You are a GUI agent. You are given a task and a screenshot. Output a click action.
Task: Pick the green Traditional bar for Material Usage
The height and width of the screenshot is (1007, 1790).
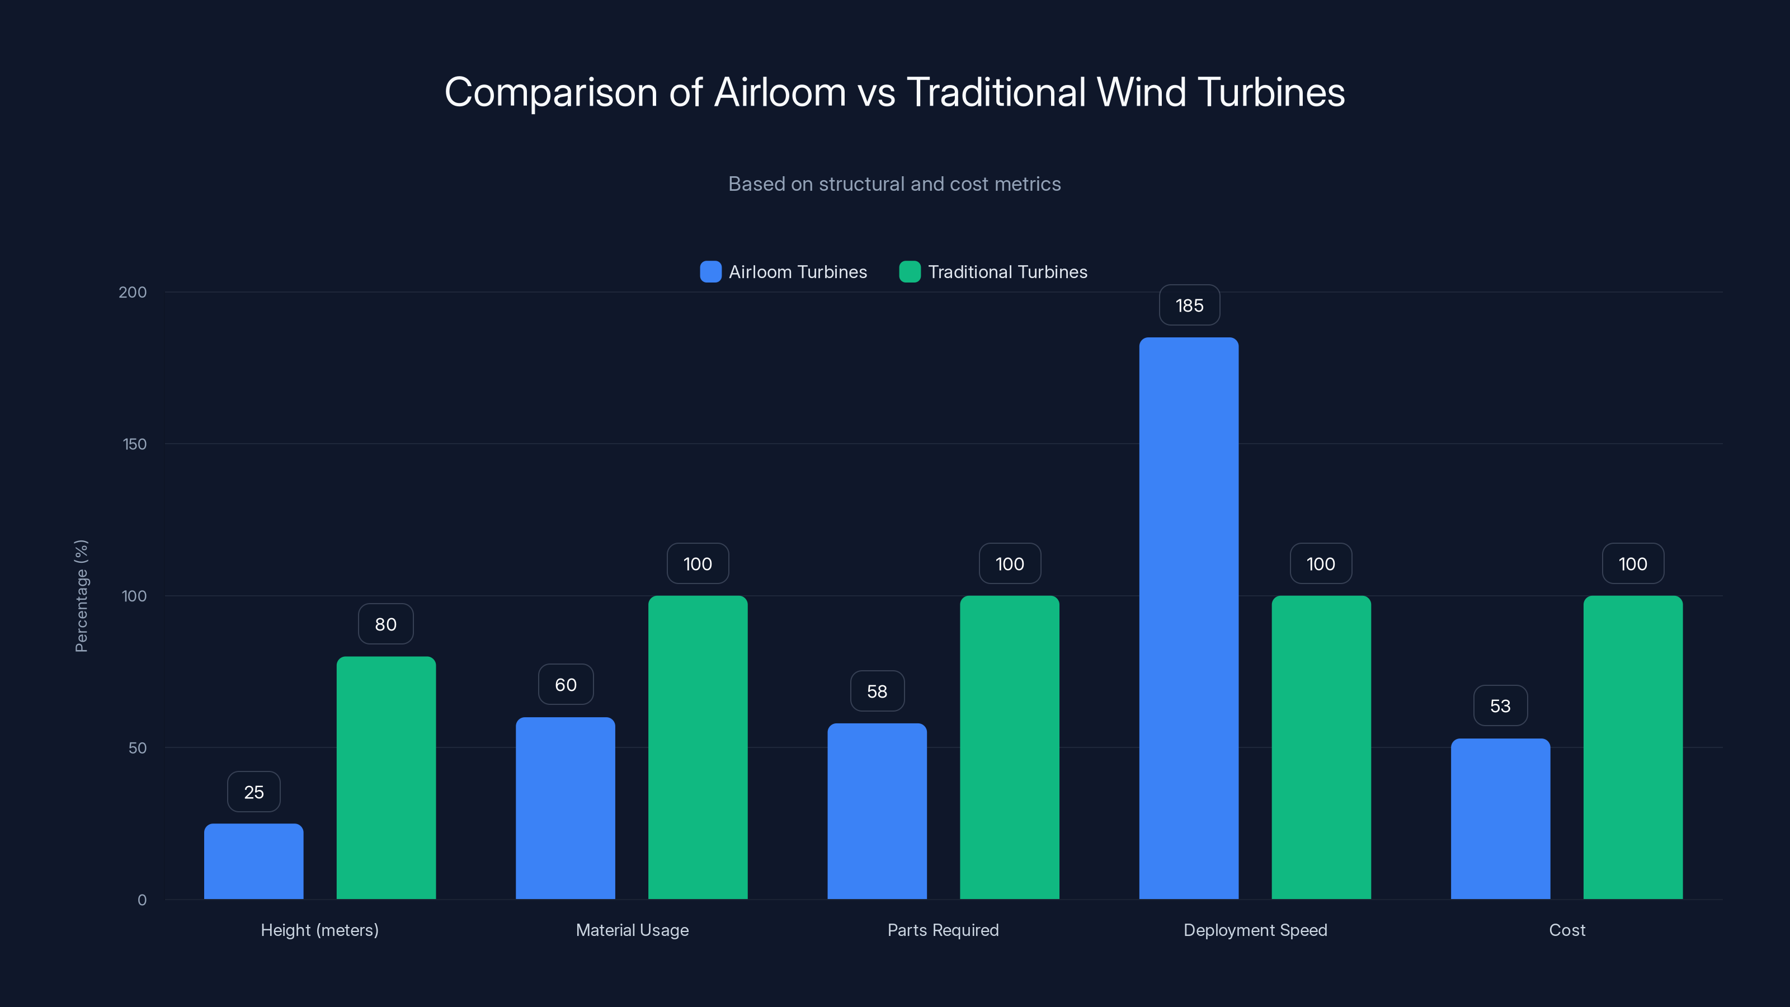tap(698, 747)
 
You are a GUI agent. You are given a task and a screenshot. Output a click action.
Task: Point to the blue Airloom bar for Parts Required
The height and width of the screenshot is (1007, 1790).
tap(877, 811)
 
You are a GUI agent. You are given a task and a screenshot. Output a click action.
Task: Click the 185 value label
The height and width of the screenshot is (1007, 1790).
tap(1189, 306)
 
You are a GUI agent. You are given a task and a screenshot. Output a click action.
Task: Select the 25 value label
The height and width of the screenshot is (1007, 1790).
tap(253, 792)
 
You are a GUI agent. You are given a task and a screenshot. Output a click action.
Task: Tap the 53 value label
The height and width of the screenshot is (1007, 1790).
tap(1500, 706)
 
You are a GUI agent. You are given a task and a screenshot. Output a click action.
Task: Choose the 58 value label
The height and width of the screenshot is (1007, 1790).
tap(877, 691)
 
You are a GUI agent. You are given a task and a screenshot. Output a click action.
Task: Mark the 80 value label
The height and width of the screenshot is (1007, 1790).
tap(385, 625)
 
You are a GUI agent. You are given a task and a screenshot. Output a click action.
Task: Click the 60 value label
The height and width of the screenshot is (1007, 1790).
tap(566, 685)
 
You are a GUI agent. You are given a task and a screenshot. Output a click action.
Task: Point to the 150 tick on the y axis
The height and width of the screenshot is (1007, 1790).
tap(135, 444)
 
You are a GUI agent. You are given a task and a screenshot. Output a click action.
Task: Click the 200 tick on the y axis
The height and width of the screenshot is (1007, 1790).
tap(133, 293)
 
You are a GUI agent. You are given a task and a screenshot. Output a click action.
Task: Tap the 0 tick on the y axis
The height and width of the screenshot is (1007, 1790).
tap(142, 901)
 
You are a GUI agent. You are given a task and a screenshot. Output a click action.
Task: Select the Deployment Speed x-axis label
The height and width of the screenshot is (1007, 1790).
tap(1255, 930)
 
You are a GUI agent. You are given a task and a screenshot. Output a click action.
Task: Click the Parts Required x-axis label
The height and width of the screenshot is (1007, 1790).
tap(943, 930)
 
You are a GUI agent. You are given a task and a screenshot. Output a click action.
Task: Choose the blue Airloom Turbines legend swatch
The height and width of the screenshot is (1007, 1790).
tap(710, 272)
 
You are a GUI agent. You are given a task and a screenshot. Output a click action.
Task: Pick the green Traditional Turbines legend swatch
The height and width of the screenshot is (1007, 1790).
tap(910, 272)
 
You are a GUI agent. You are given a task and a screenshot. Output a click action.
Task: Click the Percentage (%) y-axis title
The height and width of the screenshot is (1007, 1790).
tap(81, 596)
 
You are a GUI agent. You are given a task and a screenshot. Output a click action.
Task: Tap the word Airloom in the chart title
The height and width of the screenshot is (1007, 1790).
tap(780, 92)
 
